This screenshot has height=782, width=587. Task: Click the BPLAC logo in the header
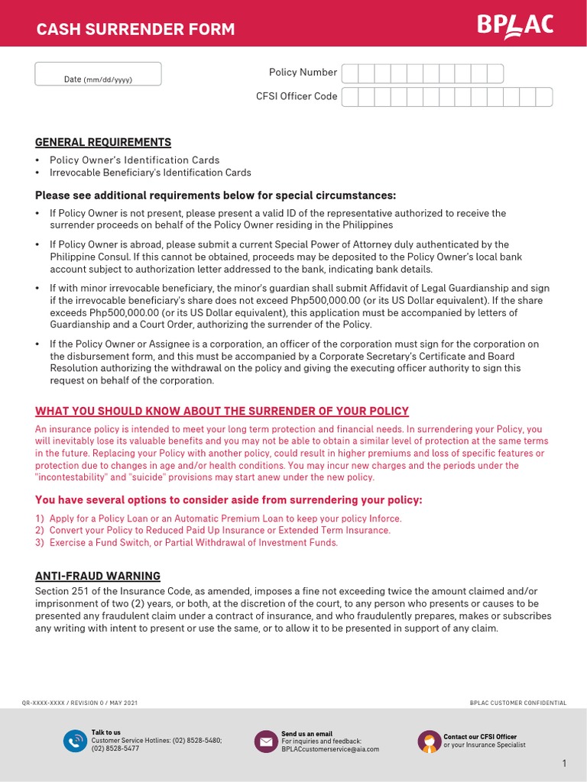(x=515, y=26)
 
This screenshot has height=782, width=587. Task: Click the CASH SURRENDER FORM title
(x=136, y=30)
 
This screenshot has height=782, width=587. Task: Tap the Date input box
(x=98, y=74)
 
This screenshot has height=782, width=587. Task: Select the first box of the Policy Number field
(x=350, y=73)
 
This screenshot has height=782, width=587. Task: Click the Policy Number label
(x=303, y=73)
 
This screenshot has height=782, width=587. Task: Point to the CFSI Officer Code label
(x=297, y=96)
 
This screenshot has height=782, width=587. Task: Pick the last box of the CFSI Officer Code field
(x=543, y=97)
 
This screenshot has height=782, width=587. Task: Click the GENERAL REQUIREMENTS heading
(x=103, y=142)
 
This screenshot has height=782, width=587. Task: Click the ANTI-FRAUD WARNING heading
(x=98, y=576)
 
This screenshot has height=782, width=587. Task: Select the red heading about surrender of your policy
(x=222, y=411)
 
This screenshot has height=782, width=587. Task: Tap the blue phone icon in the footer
(x=75, y=741)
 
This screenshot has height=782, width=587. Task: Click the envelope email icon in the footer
(x=265, y=741)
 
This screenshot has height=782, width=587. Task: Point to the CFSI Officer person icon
(x=429, y=741)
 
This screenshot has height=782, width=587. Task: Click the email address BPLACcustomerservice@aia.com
(x=330, y=749)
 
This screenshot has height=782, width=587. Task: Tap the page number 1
(x=564, y=764)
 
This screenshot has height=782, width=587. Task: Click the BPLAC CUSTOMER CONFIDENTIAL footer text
(x=518, y=703)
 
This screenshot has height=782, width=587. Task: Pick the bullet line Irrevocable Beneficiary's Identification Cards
(x=150, y=173)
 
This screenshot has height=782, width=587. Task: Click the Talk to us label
(x=106, y=732)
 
